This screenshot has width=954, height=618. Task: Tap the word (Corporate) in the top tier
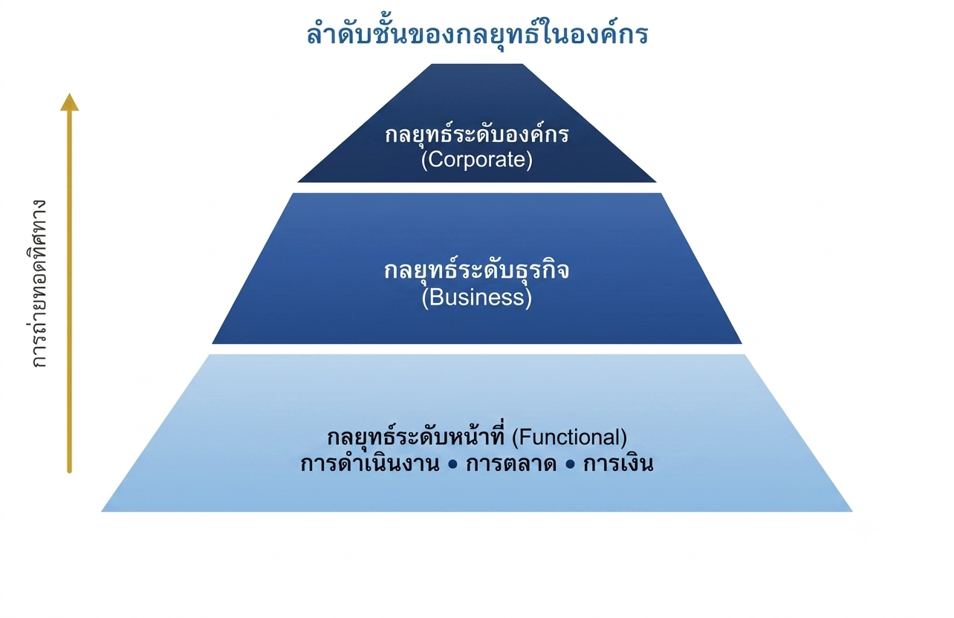[476, 160]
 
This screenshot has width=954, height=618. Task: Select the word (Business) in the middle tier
[476, 297]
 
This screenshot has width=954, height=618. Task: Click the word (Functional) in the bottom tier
[569, 438]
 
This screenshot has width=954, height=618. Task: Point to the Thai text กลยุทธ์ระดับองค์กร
[476, 134]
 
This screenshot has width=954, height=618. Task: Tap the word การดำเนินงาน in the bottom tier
[370, 463]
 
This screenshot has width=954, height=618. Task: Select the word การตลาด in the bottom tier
[511, 463]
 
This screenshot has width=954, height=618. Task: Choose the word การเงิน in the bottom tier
[618, 463]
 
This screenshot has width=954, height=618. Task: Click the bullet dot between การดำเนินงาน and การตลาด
[452, 465]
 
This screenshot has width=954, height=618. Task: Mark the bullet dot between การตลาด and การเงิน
[570, 465]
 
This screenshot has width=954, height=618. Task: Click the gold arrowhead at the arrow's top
[69, 103]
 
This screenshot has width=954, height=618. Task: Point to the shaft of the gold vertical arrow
[69, 292]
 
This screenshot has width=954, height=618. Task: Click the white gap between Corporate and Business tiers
[477, 188]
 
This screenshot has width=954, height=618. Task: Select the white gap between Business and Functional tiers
[477, 349]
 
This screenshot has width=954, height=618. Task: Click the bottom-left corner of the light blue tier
[101, 511]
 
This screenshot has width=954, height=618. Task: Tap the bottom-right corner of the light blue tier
[852, 511]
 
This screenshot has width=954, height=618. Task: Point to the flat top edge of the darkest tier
[477, 65]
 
